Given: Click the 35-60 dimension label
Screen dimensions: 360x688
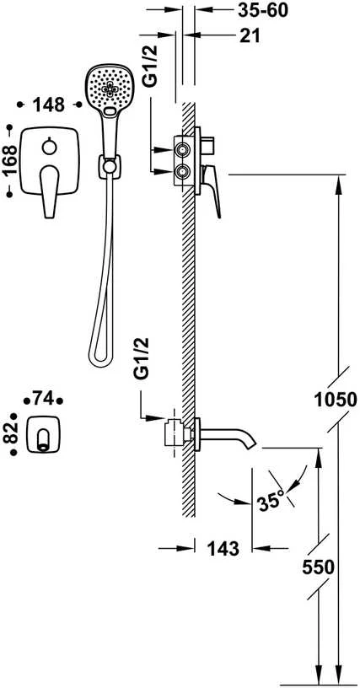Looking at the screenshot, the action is pyautogui.click(x=263, y=10).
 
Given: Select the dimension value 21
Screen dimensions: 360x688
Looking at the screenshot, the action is pyautogui.click(x=250, y=36).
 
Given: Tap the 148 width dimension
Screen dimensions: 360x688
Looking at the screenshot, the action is pyautogui.click(x=49, y=105).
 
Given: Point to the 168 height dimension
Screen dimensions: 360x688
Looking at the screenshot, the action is pyautogui.click(x=9, y=160).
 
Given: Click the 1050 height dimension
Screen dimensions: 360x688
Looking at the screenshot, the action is pyautogui.click(x=335, y=400).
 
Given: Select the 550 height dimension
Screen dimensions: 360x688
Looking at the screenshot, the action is pyautogui.click(x=319, y=567).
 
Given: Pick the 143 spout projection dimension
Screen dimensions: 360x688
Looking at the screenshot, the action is pyautogui.click(x=223, y=549).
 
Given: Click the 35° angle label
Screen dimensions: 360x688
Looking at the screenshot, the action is pyautogui.click(x=271, y=500).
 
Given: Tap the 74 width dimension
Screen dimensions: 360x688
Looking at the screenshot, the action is pyautogui.click(x=43, y=400).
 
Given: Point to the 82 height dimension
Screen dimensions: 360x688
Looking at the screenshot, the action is pyautogui.click(x=13, y=433).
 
